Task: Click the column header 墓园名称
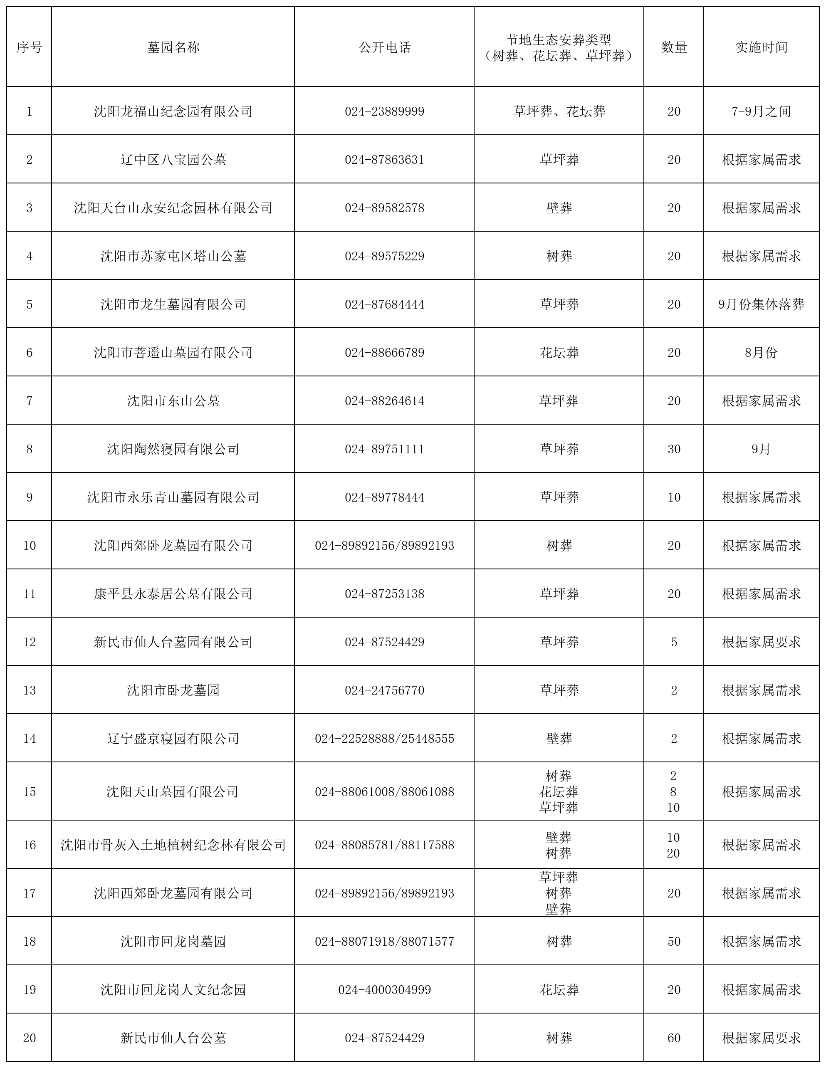173,47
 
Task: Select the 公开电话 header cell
384,47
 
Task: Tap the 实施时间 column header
761,47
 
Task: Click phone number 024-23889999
384,111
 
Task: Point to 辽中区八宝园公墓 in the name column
173,160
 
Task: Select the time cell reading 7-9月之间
761,111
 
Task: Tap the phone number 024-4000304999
384,990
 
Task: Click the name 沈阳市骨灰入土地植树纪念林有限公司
173,845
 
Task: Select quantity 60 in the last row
674,1038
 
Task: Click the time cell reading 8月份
761,353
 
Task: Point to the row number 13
30,690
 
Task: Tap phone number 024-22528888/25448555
384,738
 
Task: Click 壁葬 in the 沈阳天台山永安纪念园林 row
559,208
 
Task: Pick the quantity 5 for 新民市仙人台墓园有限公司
674,642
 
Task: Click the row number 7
30,401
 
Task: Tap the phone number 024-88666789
384,353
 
